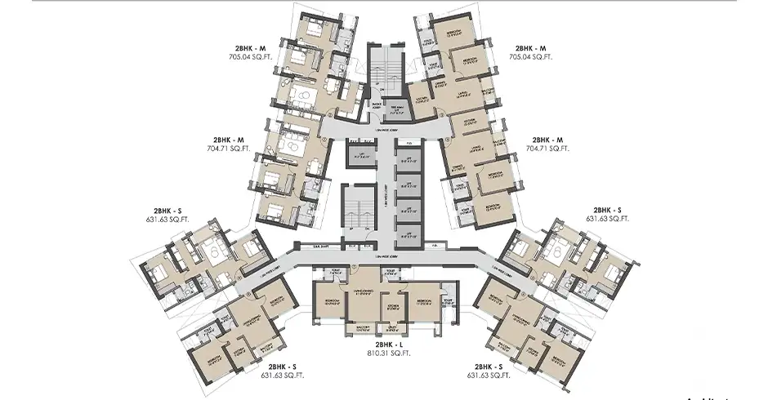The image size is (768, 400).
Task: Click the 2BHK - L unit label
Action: (x=383, y=344)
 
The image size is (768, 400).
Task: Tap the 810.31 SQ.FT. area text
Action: (x=383, y=354)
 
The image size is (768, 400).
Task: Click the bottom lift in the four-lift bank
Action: (x=409, y=234)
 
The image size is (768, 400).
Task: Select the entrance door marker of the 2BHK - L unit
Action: (x=353, y=268)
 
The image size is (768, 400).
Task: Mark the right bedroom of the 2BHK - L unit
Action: (x=425, y=304)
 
